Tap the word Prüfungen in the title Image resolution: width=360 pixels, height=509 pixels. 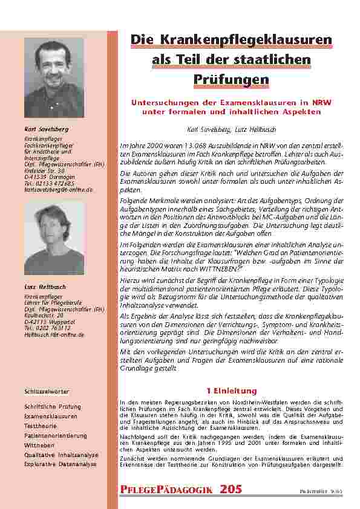pyautogui.click(x=232, y=79)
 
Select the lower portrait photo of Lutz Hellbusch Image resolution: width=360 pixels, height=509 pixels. pyautogui.click(x=54, y=239)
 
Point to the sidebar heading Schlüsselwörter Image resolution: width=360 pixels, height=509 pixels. pyautogui.click(x=46, y=392)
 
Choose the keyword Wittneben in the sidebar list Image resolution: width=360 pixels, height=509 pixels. pyautogui.click(x=39, y=445)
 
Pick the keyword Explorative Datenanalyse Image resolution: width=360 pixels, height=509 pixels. pyautogui.click(x=60, y=464)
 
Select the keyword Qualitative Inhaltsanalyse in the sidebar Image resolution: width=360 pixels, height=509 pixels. pyautogui.click(x=59, y=455)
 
